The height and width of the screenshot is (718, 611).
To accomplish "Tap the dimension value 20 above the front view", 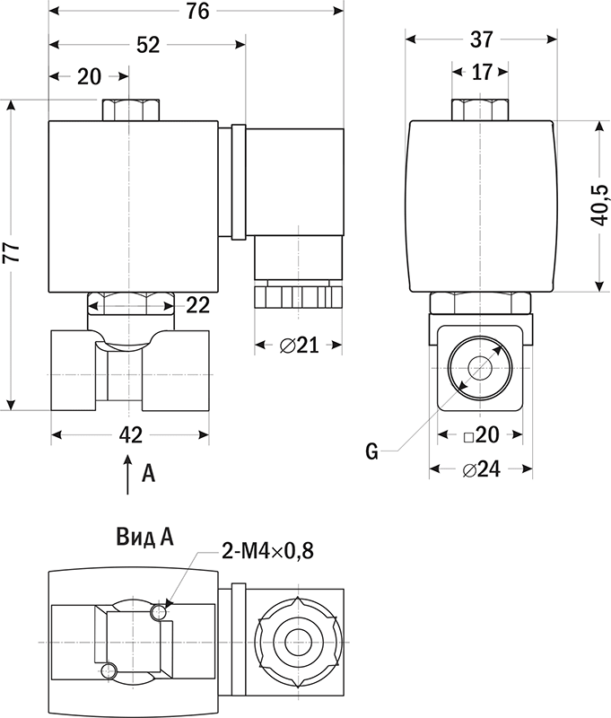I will [90, 76].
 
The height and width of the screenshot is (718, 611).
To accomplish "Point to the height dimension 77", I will [11, 253].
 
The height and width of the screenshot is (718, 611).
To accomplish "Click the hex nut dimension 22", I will [197, 305].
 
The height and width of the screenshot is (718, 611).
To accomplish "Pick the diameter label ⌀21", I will [300, 345].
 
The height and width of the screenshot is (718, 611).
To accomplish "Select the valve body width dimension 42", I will [130, 435].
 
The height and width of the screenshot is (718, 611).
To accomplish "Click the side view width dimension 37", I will [481, 39].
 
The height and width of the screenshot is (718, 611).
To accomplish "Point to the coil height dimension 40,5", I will [599, 206].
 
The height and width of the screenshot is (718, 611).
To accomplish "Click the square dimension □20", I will [480, 435].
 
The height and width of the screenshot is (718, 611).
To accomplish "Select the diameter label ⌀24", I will [481, 469].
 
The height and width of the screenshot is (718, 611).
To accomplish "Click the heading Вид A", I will [144, 537].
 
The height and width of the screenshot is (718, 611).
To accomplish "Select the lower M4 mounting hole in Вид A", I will [109, 669].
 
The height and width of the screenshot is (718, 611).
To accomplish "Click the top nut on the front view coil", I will [131, 110].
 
